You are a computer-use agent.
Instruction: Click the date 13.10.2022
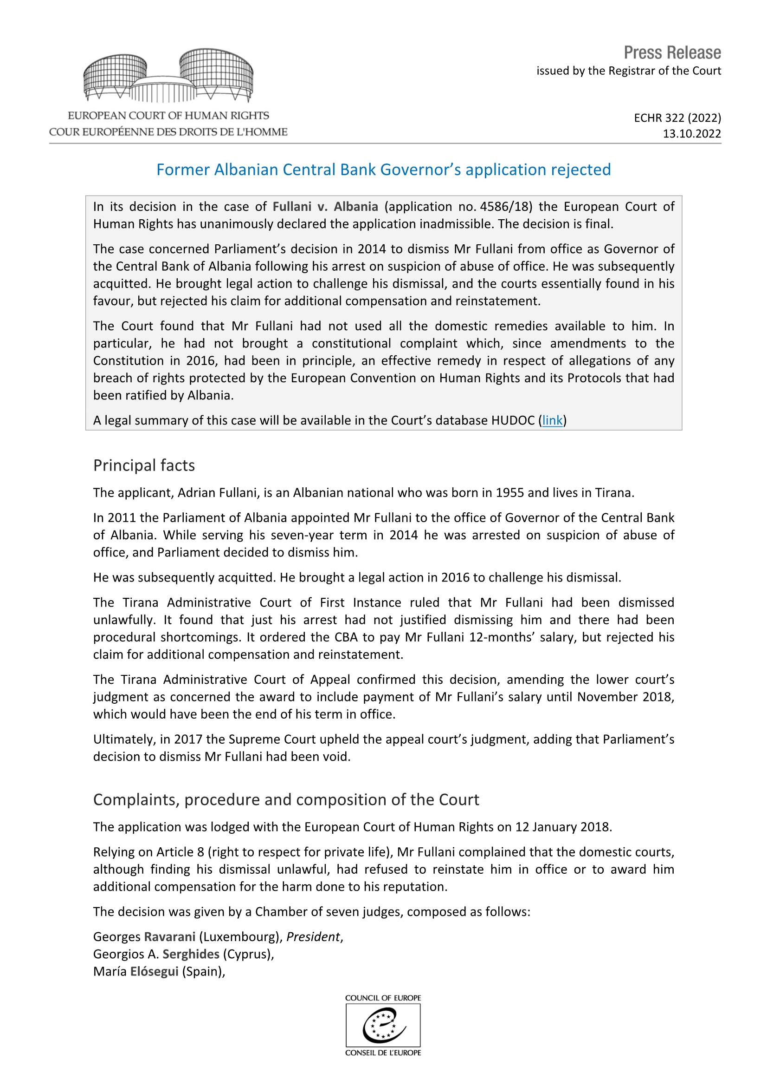coord(691,134)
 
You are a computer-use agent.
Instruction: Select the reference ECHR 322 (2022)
coord(677,118)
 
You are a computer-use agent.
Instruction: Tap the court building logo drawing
coord(168,76)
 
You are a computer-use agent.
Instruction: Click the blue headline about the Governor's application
coord(383,170)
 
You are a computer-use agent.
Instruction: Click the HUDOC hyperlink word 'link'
coord(552,420)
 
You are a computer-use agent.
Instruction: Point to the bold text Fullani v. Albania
coord(325,207)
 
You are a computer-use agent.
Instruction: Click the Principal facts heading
coord(144,465)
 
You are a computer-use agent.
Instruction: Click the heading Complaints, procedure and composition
coord(286,799)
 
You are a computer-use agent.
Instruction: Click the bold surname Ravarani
coord(170,937)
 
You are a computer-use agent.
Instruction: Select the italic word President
coord(313,937)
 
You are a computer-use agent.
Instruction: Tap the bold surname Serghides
coord(191,954)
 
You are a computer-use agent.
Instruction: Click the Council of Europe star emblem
coord(383,1025)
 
